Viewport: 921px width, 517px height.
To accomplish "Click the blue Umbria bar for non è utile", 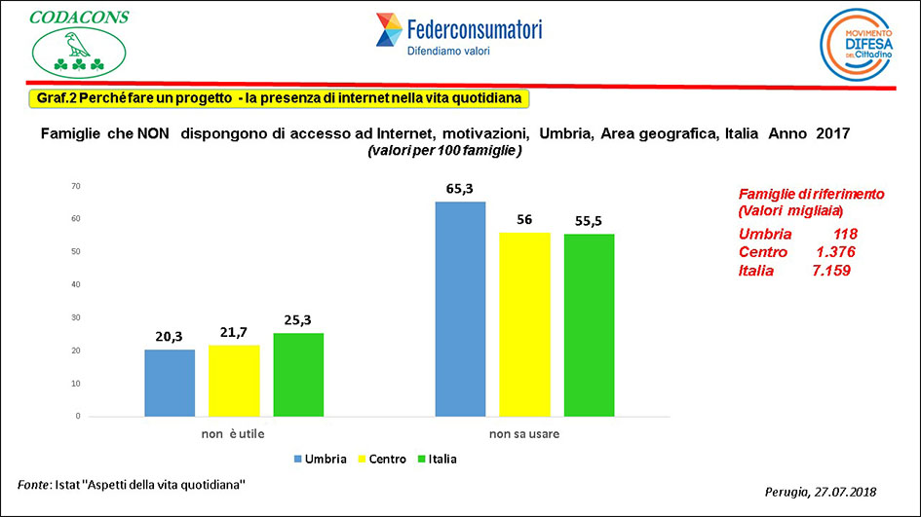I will (170, 383).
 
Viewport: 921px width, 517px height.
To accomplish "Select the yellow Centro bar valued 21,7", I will (234, 381).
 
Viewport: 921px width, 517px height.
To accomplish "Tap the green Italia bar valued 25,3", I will (298, 375).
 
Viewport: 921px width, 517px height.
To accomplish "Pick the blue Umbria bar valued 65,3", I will (460, 309).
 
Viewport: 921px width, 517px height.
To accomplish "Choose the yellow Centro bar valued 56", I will (524, 324).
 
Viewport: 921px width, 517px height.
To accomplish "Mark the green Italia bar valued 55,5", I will (589, 325).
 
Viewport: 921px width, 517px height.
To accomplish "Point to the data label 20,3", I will (170, 337).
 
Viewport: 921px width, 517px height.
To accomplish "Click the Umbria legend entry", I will (319, 459).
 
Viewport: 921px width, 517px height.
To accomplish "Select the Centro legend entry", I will (381, 459).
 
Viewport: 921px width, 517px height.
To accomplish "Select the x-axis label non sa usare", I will (524, 433).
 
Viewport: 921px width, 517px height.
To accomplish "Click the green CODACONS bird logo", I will (78, 55).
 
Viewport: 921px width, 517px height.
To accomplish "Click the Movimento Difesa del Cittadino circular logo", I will (857, 46).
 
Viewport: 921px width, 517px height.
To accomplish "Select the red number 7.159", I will (831, 271).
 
